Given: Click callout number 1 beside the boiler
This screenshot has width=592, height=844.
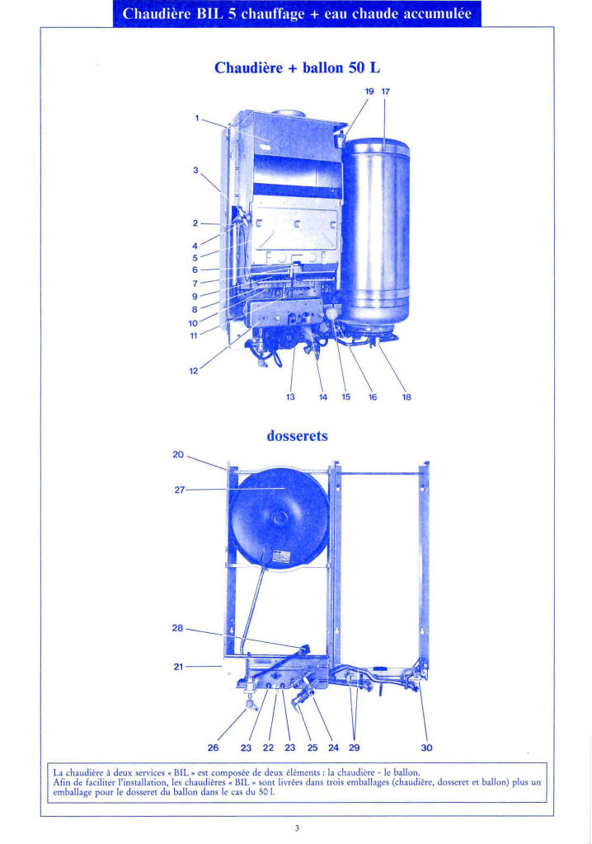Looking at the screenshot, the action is pyautogui.click(x=197, y=118).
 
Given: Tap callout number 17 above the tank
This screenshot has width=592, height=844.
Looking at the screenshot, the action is pyautogui.click(x=385, y=91).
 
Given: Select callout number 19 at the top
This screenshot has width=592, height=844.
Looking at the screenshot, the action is pyautogui.click(x=369, y=91).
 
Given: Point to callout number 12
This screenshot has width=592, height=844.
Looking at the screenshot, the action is pyautogui.click(x=194, y=371).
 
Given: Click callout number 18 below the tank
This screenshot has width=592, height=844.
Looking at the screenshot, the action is pyautogui.click(x=406, y=397).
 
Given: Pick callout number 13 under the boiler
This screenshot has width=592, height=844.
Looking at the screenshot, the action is pyautogui.click(x=290, y=397).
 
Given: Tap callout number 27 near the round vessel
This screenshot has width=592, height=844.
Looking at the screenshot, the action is pyautogui.click(x=179, y=490).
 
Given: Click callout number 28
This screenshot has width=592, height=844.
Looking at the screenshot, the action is pyautogui.click(x=177, y=628).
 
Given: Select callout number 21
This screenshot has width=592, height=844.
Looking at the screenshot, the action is pyautogui.click(x=178, y=667).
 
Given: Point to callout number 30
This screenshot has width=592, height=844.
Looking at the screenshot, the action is pyautogui.click(x=426, y=748).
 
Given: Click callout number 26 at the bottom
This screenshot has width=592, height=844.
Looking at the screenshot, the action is pyautogui.click(x=214, y=748).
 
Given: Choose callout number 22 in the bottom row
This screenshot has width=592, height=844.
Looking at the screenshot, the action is pyautogui.click(x=268, y=748).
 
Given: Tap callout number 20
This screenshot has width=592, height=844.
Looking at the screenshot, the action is pyautogui.click(x=178, y=455).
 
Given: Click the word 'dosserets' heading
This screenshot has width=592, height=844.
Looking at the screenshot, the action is pyautogui.click(x=297, y=436).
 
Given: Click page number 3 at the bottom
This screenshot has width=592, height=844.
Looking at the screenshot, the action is pyautogui.click(x=297, y=828).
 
